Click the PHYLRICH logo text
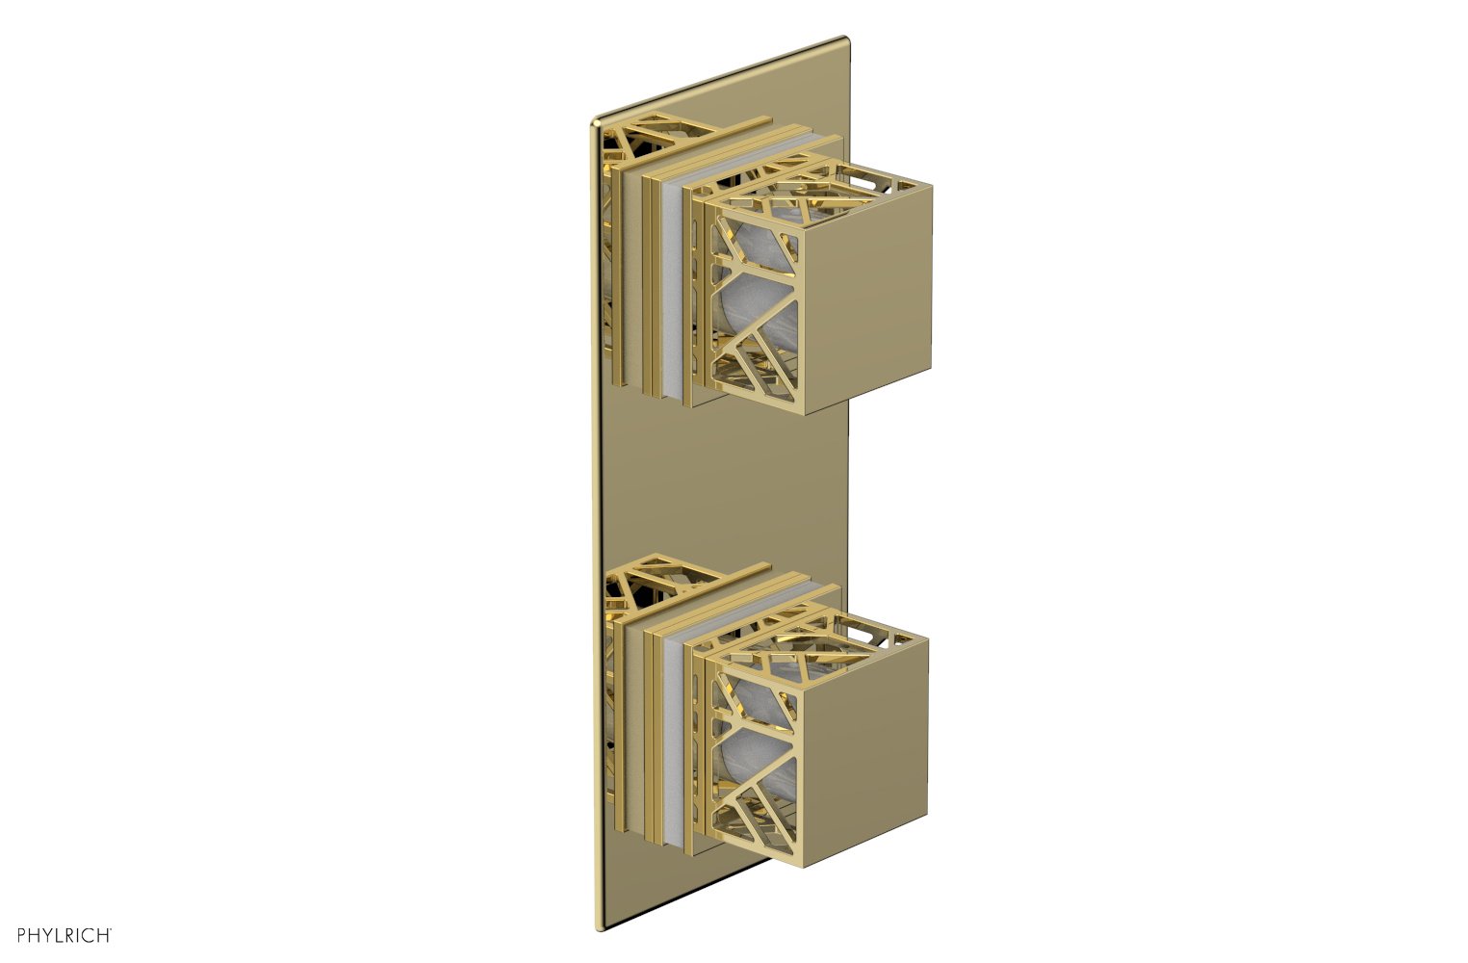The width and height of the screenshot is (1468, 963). click(x=58, y=934)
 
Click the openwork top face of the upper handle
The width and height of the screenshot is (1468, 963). click(x=818, y=193)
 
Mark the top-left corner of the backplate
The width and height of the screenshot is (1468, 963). click(x=595, y=123)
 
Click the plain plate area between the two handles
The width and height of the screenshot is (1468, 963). click(x=722, y=481)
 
